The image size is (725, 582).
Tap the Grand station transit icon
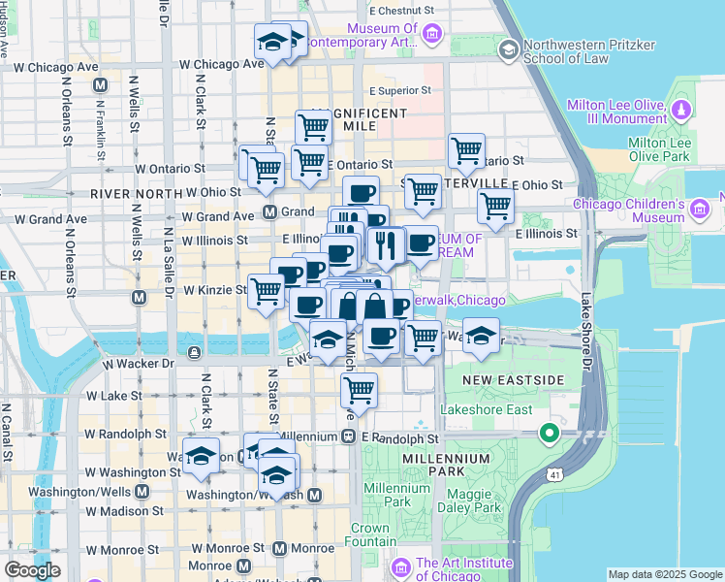[270, 211]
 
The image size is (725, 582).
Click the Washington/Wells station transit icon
[142, 491]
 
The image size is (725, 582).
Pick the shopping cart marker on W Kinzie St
[266, 290]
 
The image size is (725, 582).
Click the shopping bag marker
[374, 307]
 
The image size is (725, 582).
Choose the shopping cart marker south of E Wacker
[360, 390]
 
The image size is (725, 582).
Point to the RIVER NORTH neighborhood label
[137, 194]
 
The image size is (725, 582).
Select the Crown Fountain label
[369, 535]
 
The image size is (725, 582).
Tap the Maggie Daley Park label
[468, 500]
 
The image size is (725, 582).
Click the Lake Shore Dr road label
[586, 330]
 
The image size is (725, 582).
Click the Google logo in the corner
[32, 569]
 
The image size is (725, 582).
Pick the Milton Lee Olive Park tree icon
[682, 108]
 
